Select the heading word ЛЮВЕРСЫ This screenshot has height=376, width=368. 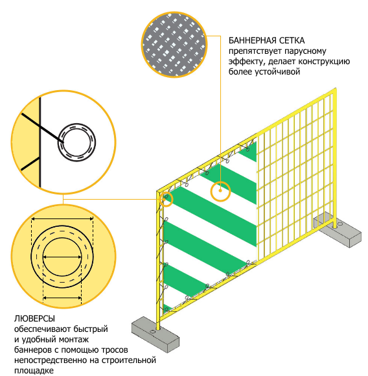(34, 319)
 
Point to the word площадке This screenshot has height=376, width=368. (34, 370)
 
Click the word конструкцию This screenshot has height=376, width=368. (324, 62)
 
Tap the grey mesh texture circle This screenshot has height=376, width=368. (174, 45)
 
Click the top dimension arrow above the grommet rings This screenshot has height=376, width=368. (62, 218)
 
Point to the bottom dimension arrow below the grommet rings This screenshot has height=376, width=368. (62, 298)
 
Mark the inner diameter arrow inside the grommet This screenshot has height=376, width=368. (62, 257)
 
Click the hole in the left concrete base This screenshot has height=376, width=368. (152, 332)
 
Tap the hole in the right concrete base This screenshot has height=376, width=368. (339, 224)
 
